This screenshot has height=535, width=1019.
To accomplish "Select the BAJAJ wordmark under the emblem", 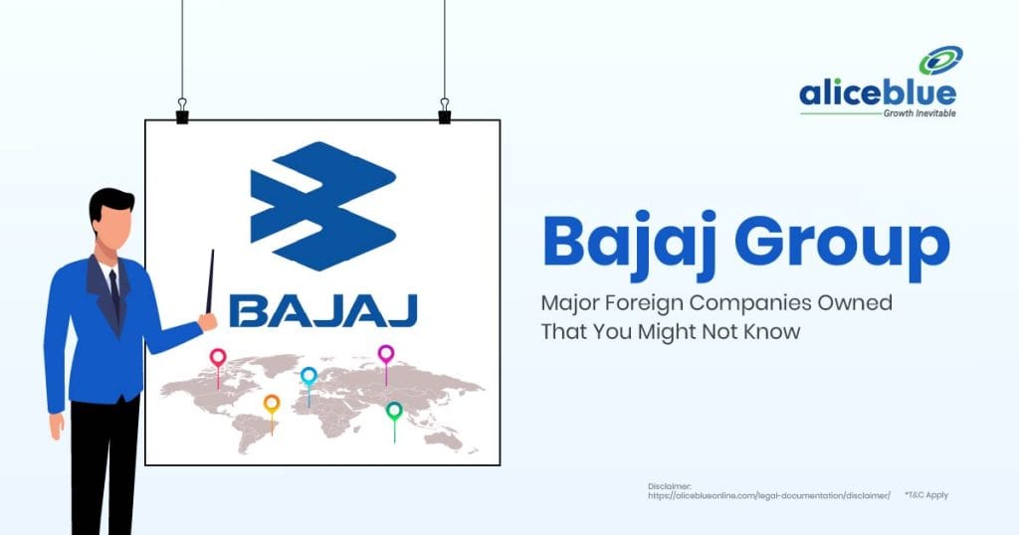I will tap(322, 310).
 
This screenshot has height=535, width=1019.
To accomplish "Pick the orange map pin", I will tap(272, 404).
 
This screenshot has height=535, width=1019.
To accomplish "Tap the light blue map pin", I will tap(308, 377).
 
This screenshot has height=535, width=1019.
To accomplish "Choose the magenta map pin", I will tap(386, 354).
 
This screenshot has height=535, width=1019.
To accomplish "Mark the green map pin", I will tap(394, 411).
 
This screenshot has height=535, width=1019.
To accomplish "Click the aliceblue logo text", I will tap(877, 93).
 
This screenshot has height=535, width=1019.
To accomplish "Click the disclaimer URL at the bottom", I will tap(768, 495).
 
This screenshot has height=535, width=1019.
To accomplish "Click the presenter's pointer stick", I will tap(209, 283).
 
